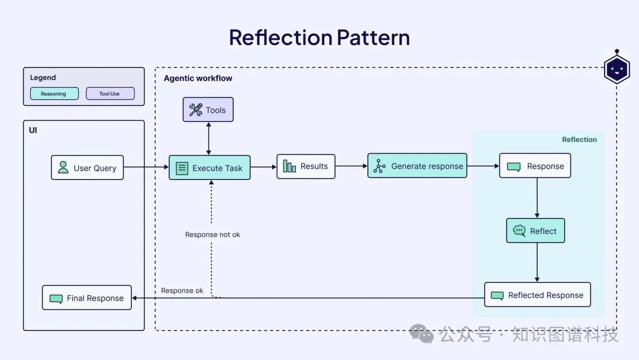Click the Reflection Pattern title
click(319, 37)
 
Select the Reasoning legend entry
click(54, 94)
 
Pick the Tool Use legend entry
click(110, 94)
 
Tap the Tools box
click(208, 110)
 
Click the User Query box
click(87, 168)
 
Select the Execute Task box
click(209, 168)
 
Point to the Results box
click(305, 166)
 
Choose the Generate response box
click(417, 166)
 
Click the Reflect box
click(535, 231)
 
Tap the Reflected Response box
click(537, 295)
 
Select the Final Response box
click(86, 298)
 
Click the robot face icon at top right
click(617, 70)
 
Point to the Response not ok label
click(212, 234)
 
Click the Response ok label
click(182, 291)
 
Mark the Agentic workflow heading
click(198, 78)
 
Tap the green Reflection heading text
click(579, 140)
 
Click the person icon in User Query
click(63, 168)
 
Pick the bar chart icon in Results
click(289, 166)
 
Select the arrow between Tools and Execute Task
click(208, 139)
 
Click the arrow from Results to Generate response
click(351, 166)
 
